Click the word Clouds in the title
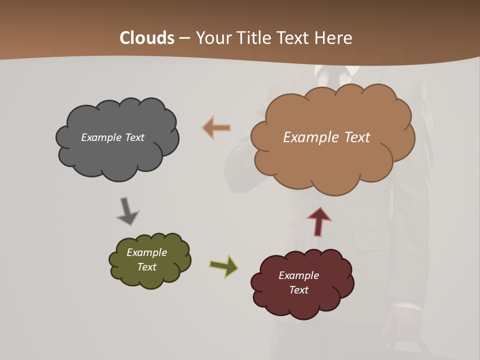pos(147,38)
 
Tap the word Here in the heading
pos(334,38)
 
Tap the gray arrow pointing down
pos(126,210)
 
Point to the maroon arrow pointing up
pos(319,221)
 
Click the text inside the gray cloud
pos(112,137)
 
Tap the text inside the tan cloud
pos(326,137)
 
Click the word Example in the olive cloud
pos(146,252)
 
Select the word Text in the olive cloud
pos(146,267)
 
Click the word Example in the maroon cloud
pos(298,275)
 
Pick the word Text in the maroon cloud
pos(298,290)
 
